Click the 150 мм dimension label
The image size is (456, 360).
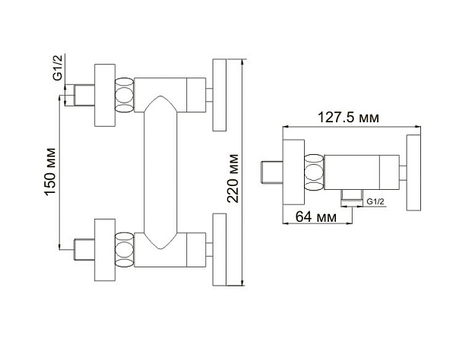[x=50, y=172]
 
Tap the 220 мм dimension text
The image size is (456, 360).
[x=233, y=178]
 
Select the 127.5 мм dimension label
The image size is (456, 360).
[x=348, y=118]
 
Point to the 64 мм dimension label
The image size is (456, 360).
[x=316, y=216]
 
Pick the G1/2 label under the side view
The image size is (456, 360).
[x=375, y=201]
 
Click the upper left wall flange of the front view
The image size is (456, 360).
[x=105, y=95]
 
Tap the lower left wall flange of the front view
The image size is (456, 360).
[x=105, y=250]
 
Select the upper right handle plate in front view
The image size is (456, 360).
[x=220, y=95]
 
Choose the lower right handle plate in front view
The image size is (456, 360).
[x=220, y=250]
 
